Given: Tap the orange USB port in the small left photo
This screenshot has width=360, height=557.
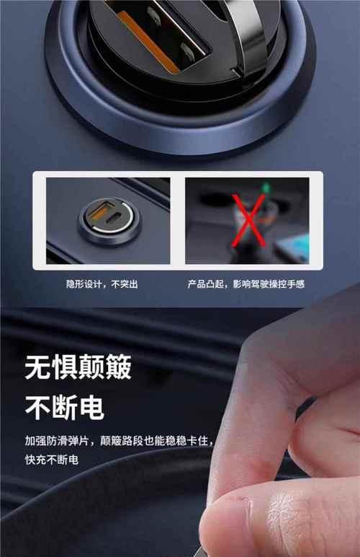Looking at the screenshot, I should coord(94,214).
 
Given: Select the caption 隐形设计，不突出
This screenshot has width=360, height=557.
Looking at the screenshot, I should coord(102,284).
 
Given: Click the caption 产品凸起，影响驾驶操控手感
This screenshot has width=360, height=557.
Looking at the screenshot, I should coord(246,284).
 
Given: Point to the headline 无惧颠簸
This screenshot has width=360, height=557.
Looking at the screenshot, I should coord(78,368).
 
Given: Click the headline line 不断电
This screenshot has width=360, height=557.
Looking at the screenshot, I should coord(65,408).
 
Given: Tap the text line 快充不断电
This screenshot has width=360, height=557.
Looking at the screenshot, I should coord(52,460).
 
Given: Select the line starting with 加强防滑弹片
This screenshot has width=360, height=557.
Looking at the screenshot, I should coord(119,440).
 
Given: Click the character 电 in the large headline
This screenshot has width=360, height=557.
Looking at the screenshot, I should coord(91,408).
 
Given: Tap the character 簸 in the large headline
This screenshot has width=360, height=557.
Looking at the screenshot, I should coord(118,368).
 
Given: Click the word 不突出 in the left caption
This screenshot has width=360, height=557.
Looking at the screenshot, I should coord(124,284).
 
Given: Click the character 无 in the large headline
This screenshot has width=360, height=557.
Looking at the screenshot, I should coord(38,368).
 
